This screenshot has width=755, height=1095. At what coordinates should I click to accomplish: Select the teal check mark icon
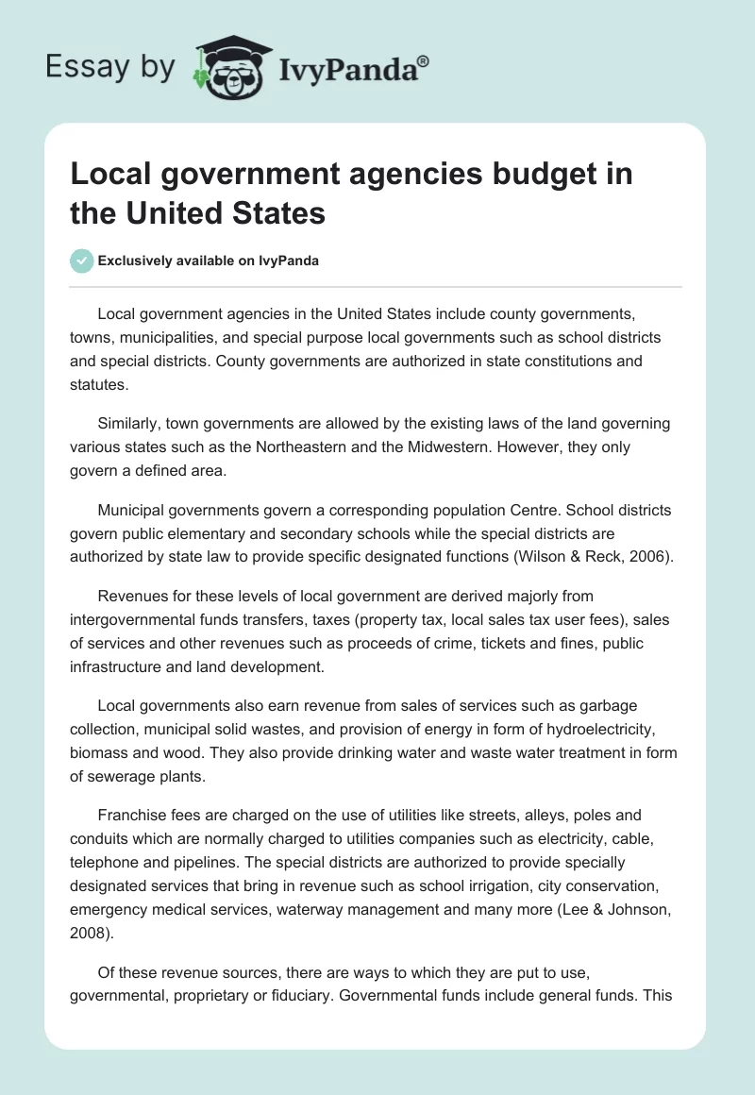click(81, 261)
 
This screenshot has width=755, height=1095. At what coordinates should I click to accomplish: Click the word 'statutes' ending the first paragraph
click(98, 385)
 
